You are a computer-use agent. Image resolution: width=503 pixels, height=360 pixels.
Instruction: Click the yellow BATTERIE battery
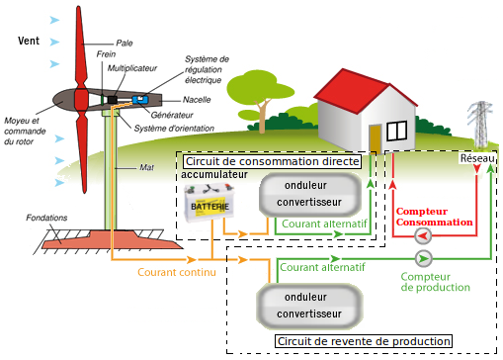(210, 203)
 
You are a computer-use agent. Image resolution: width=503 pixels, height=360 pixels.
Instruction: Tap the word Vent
(29, 41)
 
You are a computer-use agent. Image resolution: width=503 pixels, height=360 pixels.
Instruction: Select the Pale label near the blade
(125, 44)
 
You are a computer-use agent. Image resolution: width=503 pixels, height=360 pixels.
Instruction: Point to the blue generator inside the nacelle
(140, 99)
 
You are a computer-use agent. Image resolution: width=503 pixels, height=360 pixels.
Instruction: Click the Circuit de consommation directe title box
(272, 161)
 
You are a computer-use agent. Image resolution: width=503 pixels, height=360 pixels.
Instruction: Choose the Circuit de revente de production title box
(364, 341)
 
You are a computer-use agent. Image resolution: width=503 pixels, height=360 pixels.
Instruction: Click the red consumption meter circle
(423, 235)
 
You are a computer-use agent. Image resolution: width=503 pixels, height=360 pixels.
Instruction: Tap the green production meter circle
(423, 259)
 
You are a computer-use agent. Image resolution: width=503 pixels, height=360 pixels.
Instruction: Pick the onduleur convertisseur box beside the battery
(309, 194)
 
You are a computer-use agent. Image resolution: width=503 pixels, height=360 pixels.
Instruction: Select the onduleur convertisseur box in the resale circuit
(309, 307)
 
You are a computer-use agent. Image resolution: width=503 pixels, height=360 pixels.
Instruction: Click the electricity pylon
(481, 124)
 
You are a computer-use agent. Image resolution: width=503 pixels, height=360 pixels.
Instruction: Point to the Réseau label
(477, 158)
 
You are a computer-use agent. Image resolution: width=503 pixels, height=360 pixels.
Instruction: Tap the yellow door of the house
(375, 139)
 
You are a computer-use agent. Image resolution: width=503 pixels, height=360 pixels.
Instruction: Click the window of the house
(397, 131)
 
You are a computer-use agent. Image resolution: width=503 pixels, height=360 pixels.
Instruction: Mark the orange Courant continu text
(177, 272)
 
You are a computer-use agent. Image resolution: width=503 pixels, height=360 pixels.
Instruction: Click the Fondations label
(46, 218)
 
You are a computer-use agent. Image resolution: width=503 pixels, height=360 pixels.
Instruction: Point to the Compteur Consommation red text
(434, 217)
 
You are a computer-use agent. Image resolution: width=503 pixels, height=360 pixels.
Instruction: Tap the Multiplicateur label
(132, 68)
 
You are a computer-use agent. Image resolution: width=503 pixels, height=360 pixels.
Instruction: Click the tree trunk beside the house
(262, 116)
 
